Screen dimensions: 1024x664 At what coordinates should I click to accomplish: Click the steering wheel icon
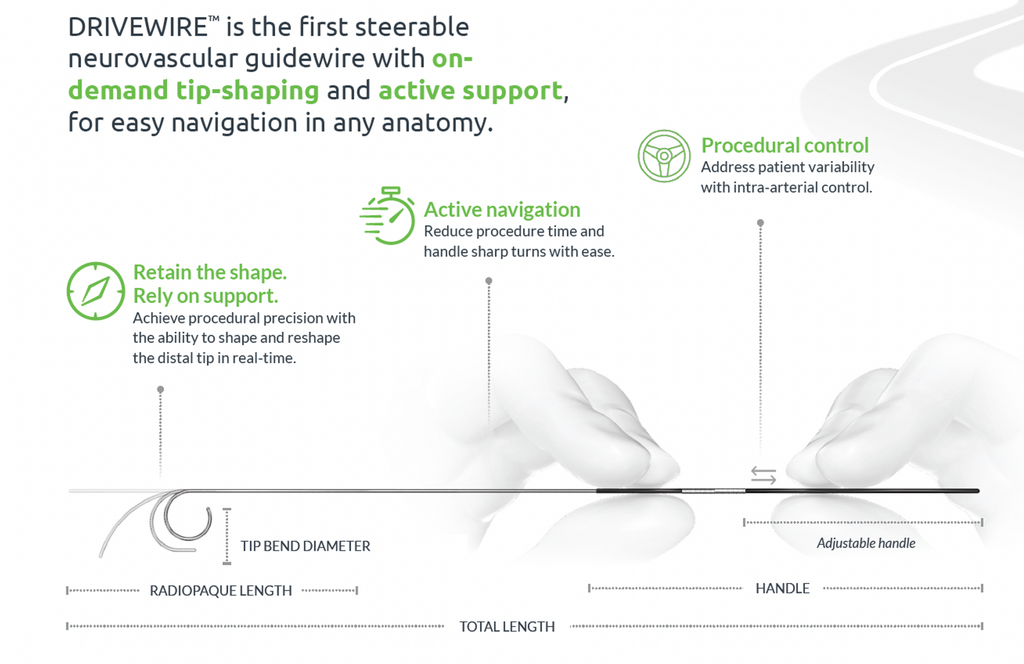(x=664, y=156)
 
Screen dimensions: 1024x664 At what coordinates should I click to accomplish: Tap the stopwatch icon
(x=388, y=215)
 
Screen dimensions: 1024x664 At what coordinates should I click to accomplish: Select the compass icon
(x=96, y=291)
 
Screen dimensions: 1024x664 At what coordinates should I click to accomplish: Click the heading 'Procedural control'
(x=785, y=145)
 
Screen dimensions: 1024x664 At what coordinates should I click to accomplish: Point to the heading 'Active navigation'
(x=502, y=210)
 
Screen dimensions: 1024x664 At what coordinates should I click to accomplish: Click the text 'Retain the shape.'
(x=210, y=272)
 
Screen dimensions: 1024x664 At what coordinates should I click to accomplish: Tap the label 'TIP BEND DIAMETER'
(x=305, y=546)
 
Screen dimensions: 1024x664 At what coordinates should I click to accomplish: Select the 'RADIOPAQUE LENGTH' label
(x=221, y=590)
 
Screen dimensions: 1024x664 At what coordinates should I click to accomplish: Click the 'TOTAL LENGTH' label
(x=507, y=626)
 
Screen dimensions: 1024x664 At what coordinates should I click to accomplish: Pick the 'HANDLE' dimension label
(x=782, y=588)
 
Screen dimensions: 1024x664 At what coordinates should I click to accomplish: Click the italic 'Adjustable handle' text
(x=866, y=543)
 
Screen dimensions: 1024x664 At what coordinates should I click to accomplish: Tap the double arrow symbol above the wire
(x=763, y=475)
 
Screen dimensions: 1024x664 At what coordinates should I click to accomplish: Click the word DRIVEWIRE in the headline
(x=138, y=27)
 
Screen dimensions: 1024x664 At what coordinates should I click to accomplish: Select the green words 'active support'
(x=470, y=91)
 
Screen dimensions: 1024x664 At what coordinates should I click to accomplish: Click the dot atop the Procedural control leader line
(x=761, y=223)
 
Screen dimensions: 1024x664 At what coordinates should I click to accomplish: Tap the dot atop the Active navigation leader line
(x=489, y=281)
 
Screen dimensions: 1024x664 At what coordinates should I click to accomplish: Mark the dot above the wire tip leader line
(x=161, y=390)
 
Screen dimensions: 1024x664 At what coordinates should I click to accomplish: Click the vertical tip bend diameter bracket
(x=227, y=536)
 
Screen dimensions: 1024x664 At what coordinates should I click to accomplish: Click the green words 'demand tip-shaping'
(x=194, y=91)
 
